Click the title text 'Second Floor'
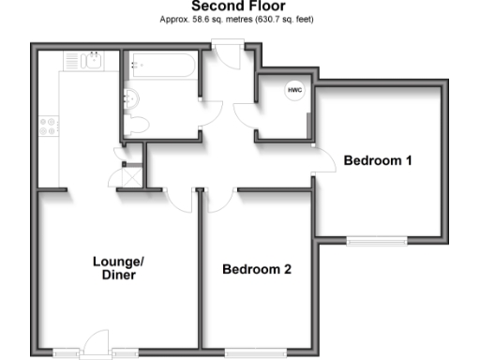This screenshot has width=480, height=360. point(239,6)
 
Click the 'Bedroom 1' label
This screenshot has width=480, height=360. point(378,160)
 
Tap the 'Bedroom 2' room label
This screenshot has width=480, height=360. point(257,269)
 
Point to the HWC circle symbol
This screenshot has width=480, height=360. point(294,91)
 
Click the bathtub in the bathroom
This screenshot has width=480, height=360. point(162,67)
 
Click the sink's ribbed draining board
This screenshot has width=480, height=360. point(73,61)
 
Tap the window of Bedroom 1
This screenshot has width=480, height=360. point(377,240)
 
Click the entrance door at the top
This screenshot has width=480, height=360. point(226,44)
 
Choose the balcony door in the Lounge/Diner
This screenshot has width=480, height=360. point(95,347)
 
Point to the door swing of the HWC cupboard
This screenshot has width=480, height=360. point(246,116)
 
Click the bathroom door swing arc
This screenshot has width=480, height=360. point(211,111)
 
